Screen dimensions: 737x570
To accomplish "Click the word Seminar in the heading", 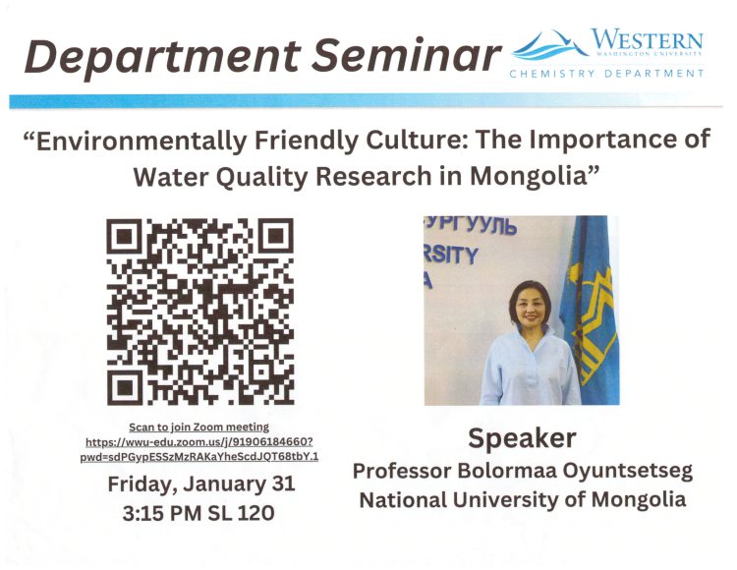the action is pyautogui.click(x=406, y=55).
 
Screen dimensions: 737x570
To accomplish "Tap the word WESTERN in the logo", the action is pyautogui.click(x=647, y=39).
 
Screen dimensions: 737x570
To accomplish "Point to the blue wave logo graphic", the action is pyautogui.click(x=549, y=45).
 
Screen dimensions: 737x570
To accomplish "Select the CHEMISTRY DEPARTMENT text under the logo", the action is pyautogui.click(x=607, y=74).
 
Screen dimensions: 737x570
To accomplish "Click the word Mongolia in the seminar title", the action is pyautogui.click(x=536, y=177).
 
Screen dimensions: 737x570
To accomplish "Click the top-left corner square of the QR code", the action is pyautogui.click(x=124, y=236).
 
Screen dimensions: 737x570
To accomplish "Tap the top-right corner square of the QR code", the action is pyautogui.click(x=276, y=236).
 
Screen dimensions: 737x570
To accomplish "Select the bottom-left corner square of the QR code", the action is pyautogui.click(x=124, y=388).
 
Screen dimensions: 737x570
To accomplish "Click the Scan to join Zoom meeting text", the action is pyautogui.click(x=198, y=427).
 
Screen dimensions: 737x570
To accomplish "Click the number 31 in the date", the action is pyautogui.click(x=282, y=484).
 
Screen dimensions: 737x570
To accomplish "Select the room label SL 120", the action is pyautogui.click(x=241, y=513).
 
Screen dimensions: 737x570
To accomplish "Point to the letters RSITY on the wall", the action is pyautogui.click(x=450, y=256).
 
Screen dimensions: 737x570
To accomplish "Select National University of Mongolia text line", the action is pyautogui.click(x=523, y=499).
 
